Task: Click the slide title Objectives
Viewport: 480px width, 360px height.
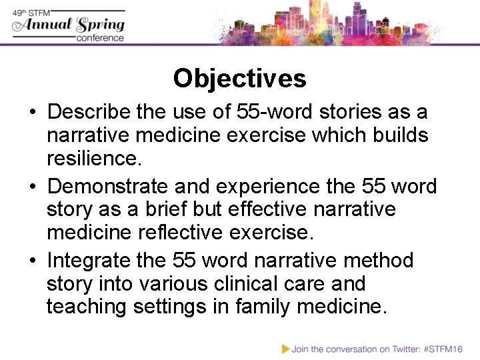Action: pos(239,79)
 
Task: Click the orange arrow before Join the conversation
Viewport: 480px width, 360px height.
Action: pos(285,348)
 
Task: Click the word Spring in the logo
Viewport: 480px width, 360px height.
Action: pos(101,25)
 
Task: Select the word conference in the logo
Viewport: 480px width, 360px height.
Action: pos(100,38)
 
